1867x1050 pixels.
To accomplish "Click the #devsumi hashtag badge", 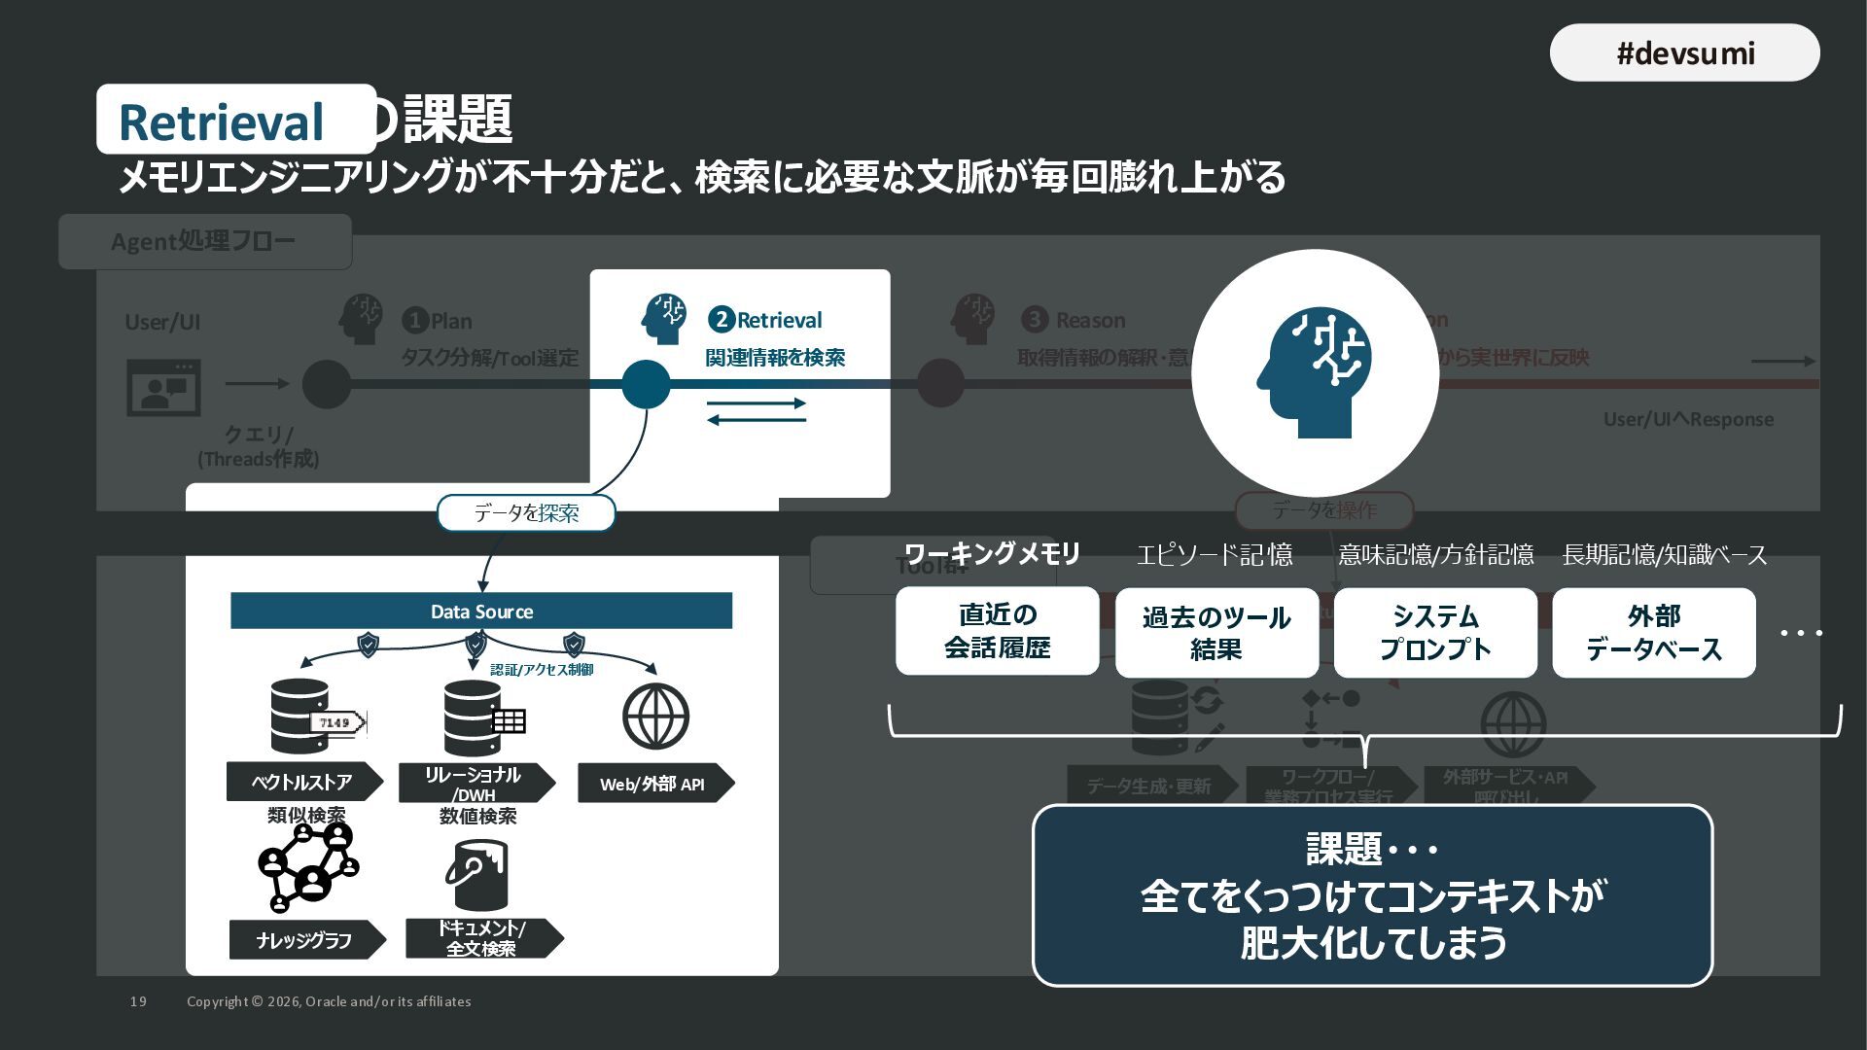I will pyautogui.click(x=1684, y=52).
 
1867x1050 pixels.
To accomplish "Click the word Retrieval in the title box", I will pyautogui.click(x=221, y=122).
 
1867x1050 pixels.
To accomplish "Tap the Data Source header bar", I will pyautogui.click(x=481, y=612).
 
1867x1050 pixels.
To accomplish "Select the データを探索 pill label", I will pyautogui.click(x=526, y=513).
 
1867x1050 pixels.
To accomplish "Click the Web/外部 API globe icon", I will pyautogui.click(x=655, y=717).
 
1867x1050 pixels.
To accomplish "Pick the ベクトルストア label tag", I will pyautogui.click(x=302, y=782).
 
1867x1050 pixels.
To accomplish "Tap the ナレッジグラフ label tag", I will pyautogui.click(x=305, y=940).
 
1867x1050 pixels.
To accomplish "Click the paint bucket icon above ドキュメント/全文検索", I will pyautogui.click(x=476, y=874).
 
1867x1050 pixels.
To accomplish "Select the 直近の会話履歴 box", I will pyautogui.click(x=997, y=631).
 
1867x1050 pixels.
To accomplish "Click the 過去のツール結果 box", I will pyautogui.click(x=1216, y=633).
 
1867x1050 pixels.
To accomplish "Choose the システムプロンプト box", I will pyautogui.click(x=1435, y=633).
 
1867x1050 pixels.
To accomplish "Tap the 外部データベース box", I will pyautogui.click(x=1653, y=633).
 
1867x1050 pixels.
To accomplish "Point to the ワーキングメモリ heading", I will pyautogui.click(x=992, y=554).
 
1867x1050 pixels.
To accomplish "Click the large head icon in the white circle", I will pyautogui.click(x=1315, y=372).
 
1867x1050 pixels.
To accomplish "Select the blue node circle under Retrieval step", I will pyautogui.click(x=646, y=384).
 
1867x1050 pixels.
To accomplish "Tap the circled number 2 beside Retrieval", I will pyautogui.click(x=721, y=320).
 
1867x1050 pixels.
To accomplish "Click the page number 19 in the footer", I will pyautogui.click(x=138, y=1001).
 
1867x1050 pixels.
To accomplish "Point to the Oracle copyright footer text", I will pyautogui.click(x=329, y=1001).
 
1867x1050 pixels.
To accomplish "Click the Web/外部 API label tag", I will pyautogui.click(x=652, y=784).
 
